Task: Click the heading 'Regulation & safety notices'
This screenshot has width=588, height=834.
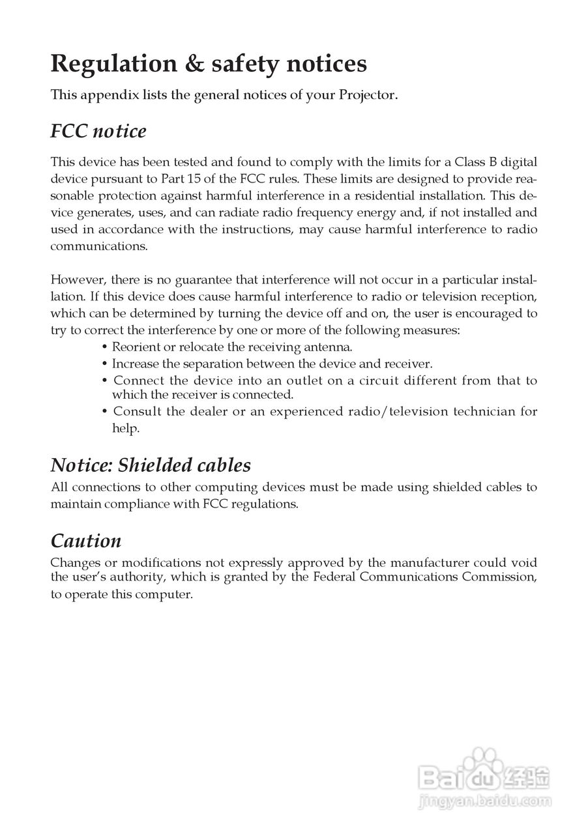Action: tap(209, 64)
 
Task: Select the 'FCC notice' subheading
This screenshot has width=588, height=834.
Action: tap(98, 131)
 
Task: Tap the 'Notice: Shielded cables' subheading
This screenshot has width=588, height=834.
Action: tap(151, 465)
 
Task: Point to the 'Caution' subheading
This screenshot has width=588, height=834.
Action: tap(86, 541)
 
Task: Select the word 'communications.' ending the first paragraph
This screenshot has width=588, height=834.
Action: tap(100, 246)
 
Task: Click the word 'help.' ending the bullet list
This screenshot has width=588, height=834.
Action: tap(126, 429)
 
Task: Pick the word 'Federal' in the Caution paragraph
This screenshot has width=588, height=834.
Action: tap(334, 577)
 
